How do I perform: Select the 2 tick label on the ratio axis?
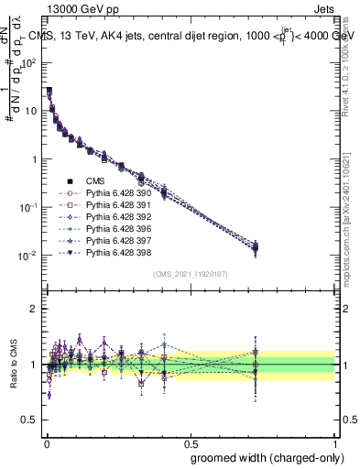point(35,309)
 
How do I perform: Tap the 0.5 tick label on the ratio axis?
point(30,420)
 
